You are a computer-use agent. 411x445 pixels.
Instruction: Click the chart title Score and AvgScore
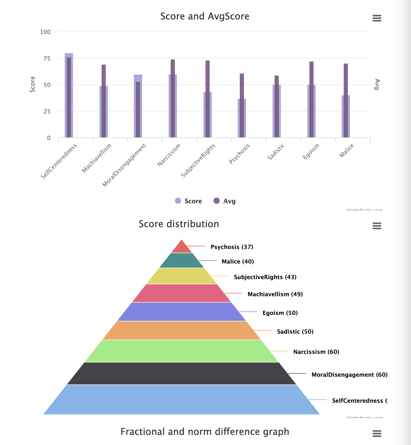click(x=205, y=16)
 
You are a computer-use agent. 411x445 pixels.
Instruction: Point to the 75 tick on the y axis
click(x=47, y=58)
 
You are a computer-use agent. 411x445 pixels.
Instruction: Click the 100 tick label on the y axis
click(x=45, y=32)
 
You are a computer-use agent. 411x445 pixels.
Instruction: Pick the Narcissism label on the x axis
click(x=169, y=155)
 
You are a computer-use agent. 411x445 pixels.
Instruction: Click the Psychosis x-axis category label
click(x=240, y=154)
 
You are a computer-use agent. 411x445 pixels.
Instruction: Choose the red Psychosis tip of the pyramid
click(x=182, y=248)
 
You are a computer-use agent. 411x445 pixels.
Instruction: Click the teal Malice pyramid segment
click(x=182, y=261)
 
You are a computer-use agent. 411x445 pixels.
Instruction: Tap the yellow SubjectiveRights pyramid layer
click(x=182, y=276)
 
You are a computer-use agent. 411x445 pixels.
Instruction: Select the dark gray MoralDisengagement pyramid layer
click(x=182, y=373)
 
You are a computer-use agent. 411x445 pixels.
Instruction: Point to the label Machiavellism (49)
click(x=275, y=294)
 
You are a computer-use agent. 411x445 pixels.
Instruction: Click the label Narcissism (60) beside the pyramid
click(x=316, y=352)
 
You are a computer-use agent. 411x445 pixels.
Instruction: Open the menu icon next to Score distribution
click(x=377, y=226)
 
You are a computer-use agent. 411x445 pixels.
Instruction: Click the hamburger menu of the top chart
click(x=377, y=18)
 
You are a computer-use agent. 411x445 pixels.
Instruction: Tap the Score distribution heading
click(x=179, y=224)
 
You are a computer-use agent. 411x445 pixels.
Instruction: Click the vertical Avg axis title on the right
click(x=377, y=84)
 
